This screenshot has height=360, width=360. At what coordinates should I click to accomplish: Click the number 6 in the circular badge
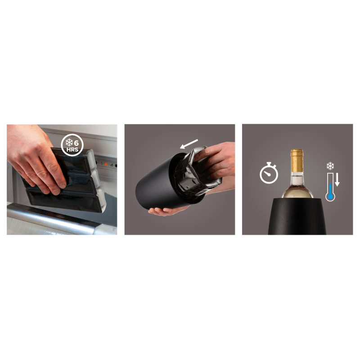tap(76, 143)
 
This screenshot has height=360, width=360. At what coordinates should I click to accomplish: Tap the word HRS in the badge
tap(72, 150)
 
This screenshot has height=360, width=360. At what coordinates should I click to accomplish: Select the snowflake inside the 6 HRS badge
tap(69, 142)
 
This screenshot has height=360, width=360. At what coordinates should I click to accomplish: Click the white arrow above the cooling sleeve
tap(189, 144)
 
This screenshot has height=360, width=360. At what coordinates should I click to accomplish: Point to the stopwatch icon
tap(269, 173)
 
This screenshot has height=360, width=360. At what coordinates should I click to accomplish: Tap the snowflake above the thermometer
tap(330, 166)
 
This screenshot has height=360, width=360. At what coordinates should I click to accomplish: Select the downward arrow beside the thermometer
tap(337, 180)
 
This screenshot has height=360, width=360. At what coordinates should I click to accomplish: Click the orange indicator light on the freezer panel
tap(106, 164)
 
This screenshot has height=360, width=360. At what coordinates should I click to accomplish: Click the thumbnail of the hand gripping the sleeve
tap(208, 151)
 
